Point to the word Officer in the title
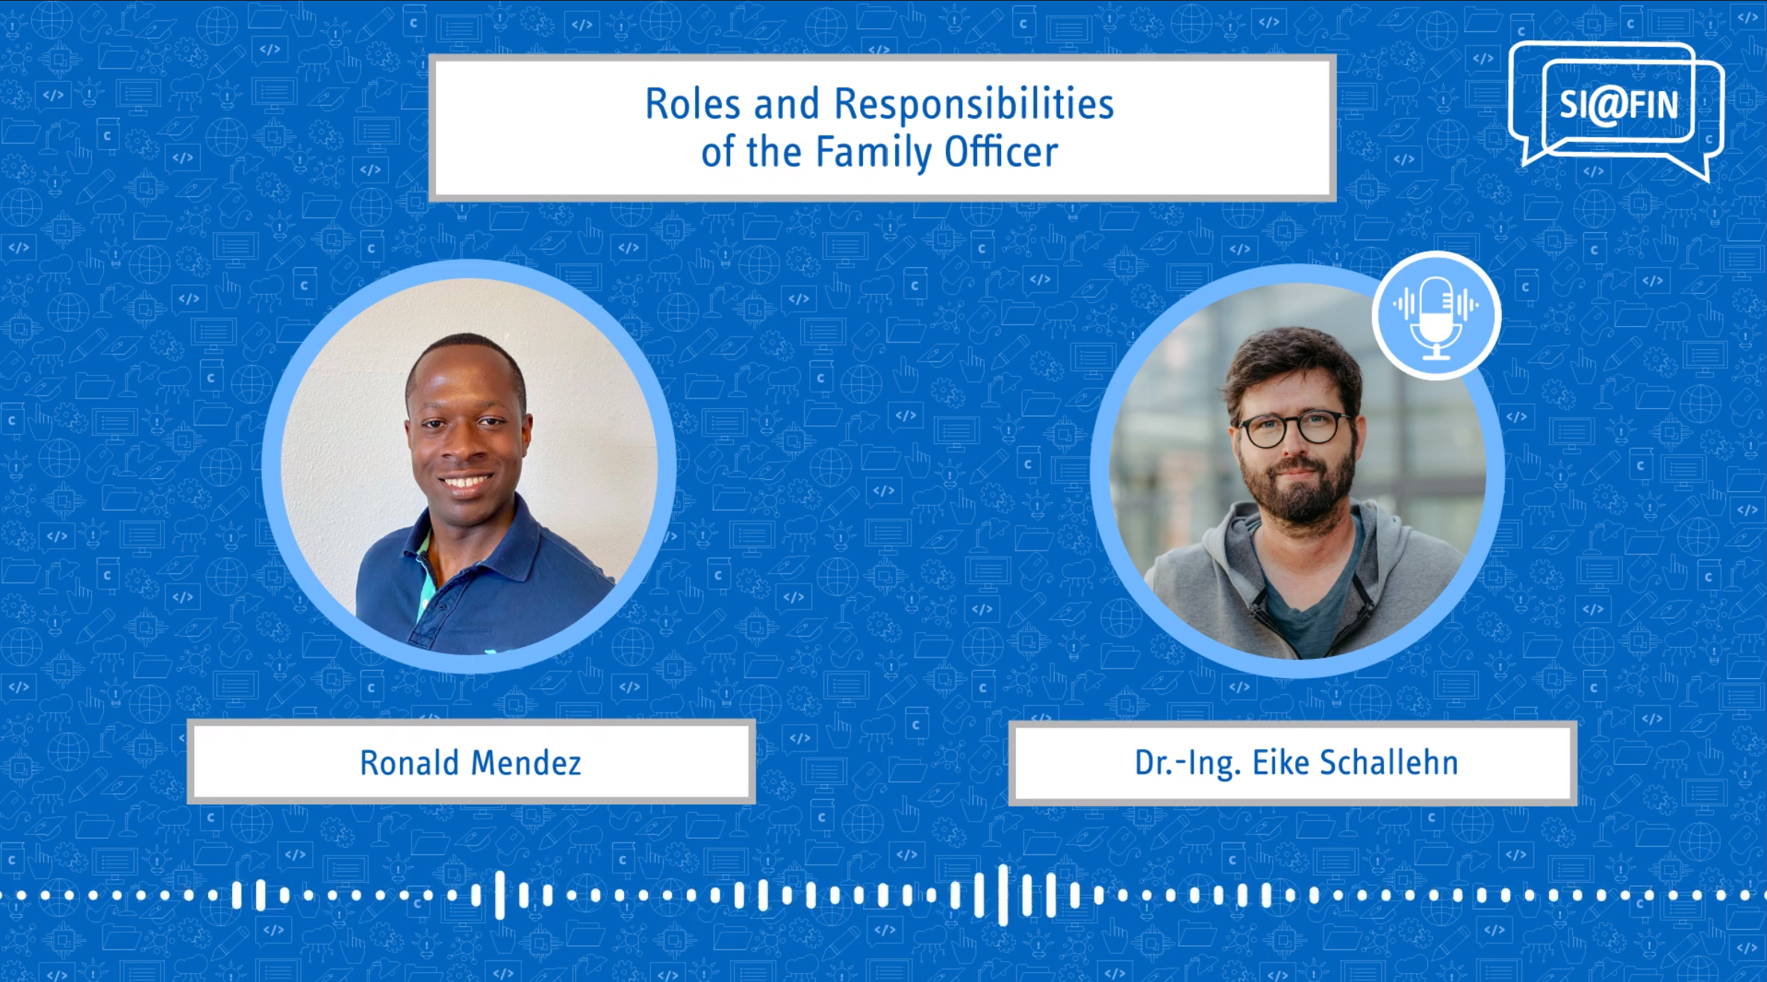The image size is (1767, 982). (x=1001, y=151)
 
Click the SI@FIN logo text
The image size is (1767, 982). (x=1618, y=104)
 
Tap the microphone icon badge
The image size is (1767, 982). (x=1436, y=315)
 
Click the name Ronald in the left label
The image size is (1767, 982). (x=409, y=763)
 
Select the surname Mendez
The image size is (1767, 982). (x=526, y=763)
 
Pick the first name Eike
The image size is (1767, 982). (x=1280, y=763)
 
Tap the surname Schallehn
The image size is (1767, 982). (x=1389, y=763)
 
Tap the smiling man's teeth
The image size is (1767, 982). (x=464, y=482)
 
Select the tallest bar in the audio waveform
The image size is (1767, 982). (x=1003, y=895)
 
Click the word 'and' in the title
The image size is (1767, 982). (x=787, y=104)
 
